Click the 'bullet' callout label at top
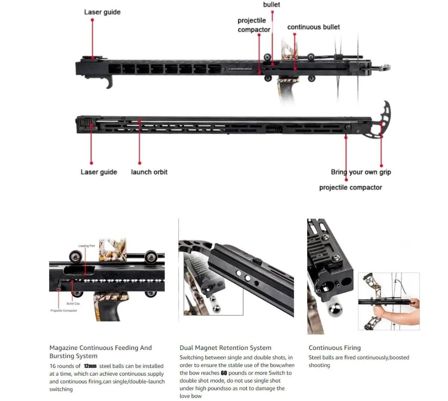271,5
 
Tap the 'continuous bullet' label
313,27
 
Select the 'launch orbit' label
149,172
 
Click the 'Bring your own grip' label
361,172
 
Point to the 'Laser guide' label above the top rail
102,12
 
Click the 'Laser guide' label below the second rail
99,172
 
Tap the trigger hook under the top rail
109,82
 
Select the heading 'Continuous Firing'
335,348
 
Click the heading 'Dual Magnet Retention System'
225,348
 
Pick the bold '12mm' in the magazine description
90,366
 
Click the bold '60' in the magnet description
224,373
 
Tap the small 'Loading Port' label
86,246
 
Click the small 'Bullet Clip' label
73,303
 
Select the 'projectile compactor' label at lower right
350,188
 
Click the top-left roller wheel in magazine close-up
75,257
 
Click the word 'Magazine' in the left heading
63,348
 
